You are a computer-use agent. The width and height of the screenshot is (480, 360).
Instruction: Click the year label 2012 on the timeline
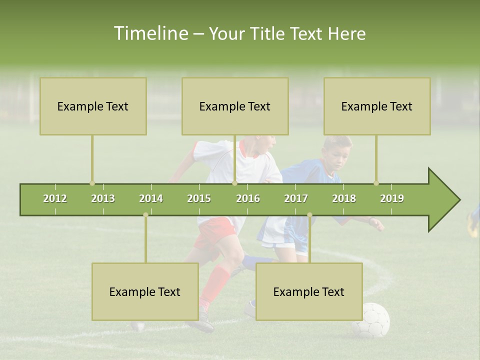click(x=55, y=198)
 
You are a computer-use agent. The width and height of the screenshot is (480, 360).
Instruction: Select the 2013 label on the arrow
click(x=103, y=198)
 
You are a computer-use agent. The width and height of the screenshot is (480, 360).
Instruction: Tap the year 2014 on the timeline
click(x=151, y=198)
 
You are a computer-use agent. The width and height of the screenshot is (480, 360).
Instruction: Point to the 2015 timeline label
click(x=199, y=198)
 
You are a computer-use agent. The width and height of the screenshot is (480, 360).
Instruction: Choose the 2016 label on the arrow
click(x=248, y=198)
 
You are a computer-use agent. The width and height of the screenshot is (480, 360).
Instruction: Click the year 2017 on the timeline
click(x=296, y=198)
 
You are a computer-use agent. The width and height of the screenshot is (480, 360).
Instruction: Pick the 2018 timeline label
click(x=344, y=198)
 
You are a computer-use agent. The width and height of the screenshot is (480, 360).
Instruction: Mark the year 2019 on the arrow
click(x=392, y=198)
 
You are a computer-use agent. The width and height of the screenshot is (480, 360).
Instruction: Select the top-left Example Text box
click(x=93, y=106)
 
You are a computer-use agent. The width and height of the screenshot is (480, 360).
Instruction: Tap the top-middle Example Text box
click(x=235, y=106)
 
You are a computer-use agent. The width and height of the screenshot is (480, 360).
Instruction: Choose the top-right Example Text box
click(x=377, y=106)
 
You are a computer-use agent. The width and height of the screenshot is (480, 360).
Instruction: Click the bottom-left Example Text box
click(x=145, y=292)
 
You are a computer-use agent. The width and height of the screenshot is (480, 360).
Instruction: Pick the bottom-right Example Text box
click(x=309, y=292)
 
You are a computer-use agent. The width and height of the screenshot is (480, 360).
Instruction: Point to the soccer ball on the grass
click(x=370, y=320)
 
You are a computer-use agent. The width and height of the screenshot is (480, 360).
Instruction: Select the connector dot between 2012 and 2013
click(x=92, y=183)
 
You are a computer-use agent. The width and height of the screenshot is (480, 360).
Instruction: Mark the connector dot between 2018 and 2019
click(x=376, y=183)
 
